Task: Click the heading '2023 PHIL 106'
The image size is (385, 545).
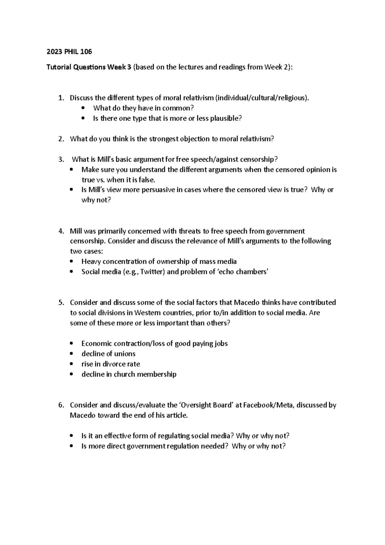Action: pyautogui.click(x=69, y=52)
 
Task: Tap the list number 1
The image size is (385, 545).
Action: pyautogui.click(x=61, y=98)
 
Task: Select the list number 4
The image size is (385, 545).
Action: pyautogui.click(x=61, y=231)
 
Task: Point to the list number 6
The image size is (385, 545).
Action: pyautogui.click(x=61, y=405)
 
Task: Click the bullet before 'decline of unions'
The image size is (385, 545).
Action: pyautogui.click(x=71, y=354)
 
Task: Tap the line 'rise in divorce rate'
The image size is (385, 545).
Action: pyautogui.click(x=111, y=364)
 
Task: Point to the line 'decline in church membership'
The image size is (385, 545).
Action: pyautogui.click(x=129, y=374)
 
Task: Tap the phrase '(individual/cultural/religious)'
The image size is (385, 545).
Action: pyautogui.click(x=262, y=98)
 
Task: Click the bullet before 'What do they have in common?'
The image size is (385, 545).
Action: pyautogui.click(x=83, y=108)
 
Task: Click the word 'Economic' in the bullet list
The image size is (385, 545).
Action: pyautogui.click(x=97, y=343)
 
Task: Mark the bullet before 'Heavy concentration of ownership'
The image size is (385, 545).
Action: pyautogui.click(x=71, y=262)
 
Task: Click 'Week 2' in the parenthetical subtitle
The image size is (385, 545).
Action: pyautogui.click(x=276, y=67)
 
